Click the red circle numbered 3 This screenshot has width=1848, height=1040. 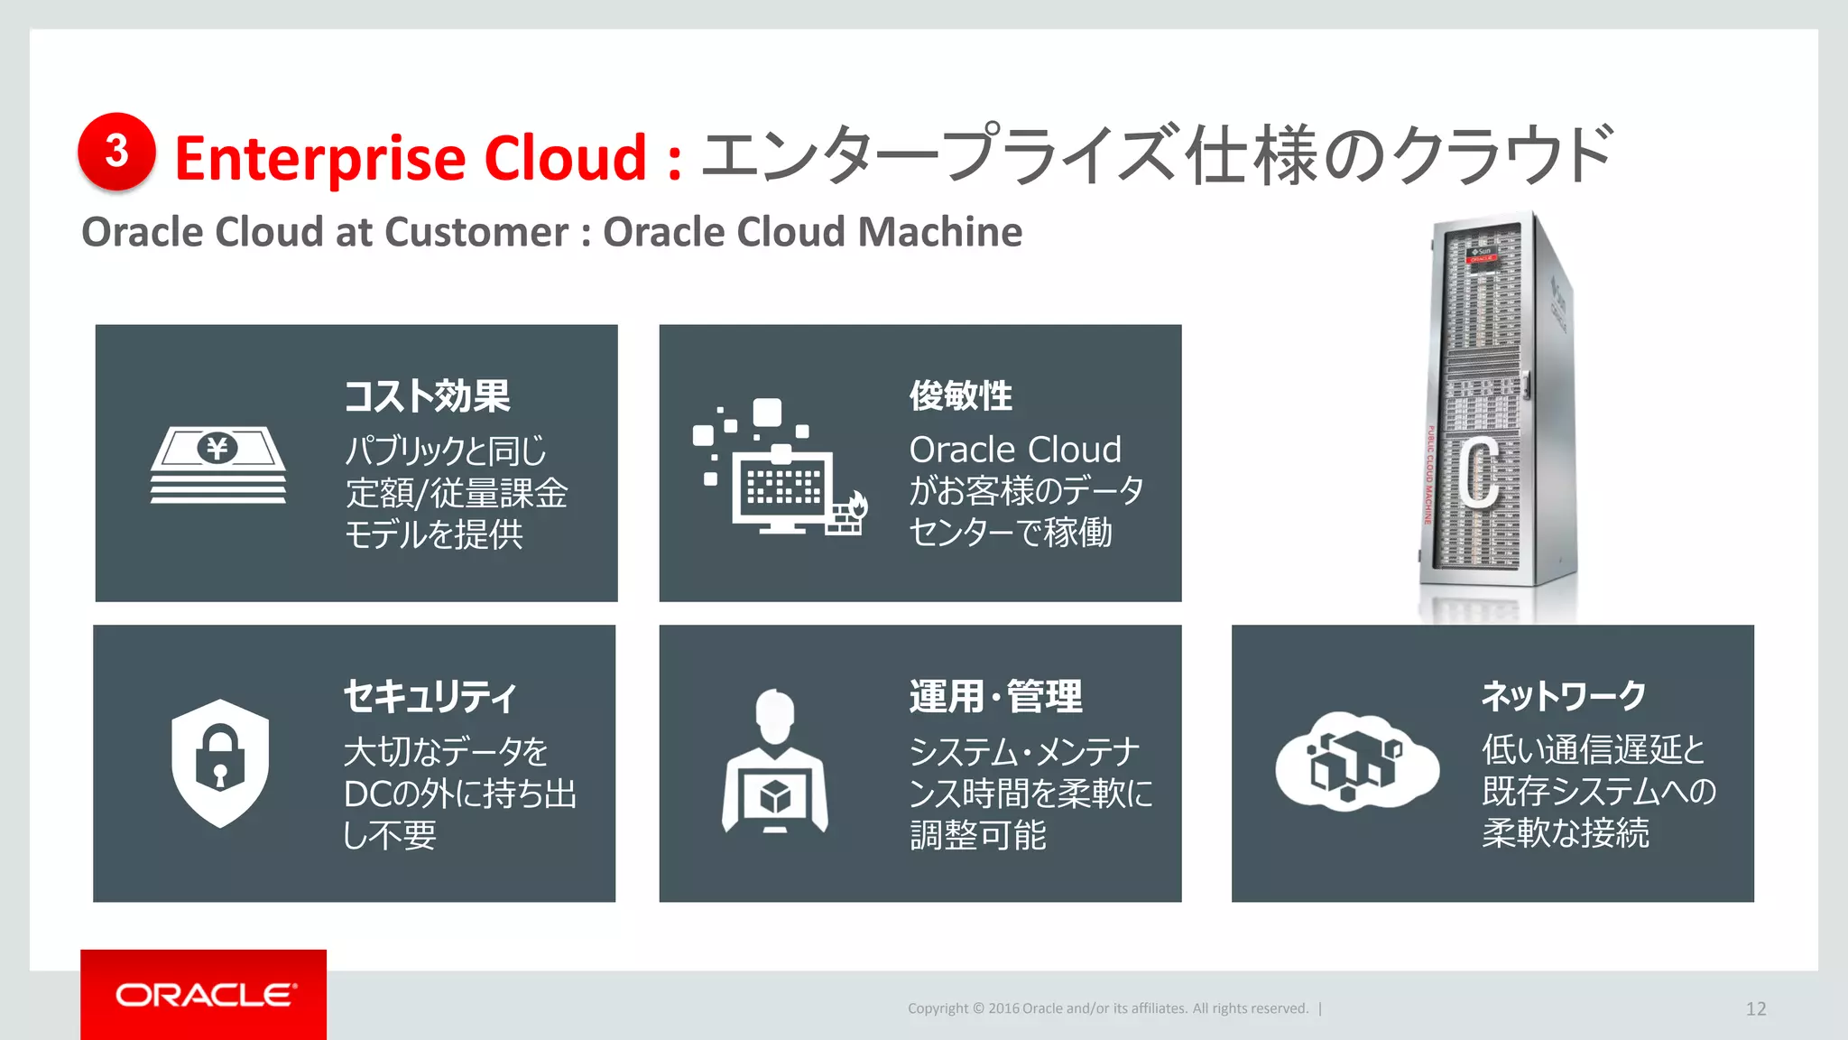coord(116,152)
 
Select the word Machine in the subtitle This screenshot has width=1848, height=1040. coord(939,232)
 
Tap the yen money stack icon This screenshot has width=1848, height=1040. coord(218,464)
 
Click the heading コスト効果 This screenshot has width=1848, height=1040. coord(427,395)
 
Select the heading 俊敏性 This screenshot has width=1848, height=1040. coord(960,395)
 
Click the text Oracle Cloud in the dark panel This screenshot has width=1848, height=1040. coord(1015,450)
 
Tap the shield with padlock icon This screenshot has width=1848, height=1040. coord(220,762)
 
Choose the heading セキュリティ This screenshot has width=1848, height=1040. coord(430,696)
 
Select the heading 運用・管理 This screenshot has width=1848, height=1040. coord(995,696)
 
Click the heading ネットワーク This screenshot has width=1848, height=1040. coord(1564,695)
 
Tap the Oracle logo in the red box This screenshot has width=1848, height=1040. coord(205,995)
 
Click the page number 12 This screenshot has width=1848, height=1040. coord(1755,1008)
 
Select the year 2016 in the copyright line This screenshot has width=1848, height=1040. coord(1003,1008)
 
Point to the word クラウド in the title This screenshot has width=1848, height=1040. coord(1501,155)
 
